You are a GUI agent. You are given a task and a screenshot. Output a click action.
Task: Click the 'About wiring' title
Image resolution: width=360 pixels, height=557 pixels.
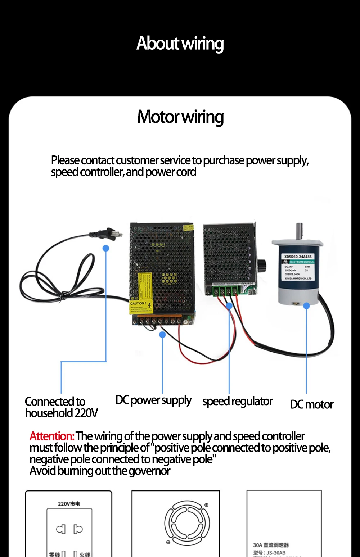coord(180,44)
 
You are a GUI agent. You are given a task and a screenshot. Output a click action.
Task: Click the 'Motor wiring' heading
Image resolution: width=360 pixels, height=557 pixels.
coord(180,117)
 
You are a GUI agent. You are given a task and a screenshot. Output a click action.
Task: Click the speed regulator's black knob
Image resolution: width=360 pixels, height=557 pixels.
coord(262,266)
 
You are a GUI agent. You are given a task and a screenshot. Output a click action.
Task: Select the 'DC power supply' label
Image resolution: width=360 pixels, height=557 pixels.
coord(153,400)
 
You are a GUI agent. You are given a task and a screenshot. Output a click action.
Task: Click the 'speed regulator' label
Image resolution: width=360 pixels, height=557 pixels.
coord(237,402)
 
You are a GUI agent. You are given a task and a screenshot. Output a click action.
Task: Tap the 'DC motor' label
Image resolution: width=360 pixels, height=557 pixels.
coord(311,405)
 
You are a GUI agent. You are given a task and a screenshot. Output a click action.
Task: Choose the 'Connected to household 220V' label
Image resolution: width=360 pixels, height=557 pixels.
coord(61,407)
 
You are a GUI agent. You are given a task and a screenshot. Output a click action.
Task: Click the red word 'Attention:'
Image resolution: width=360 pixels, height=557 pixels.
coord(52,436)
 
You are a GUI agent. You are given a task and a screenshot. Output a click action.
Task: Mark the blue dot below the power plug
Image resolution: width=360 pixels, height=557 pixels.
coord(106,248)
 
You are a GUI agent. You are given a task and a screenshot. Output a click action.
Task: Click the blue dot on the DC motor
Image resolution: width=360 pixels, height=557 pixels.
coord(306,306)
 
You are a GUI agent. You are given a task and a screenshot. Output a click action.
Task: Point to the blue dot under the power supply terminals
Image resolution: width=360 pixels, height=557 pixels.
coord(162,335)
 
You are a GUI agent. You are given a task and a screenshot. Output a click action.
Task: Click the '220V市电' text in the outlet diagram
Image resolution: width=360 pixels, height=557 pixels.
coord(69,504)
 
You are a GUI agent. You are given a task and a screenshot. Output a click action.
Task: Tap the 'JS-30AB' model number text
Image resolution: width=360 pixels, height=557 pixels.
coord(276,553)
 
